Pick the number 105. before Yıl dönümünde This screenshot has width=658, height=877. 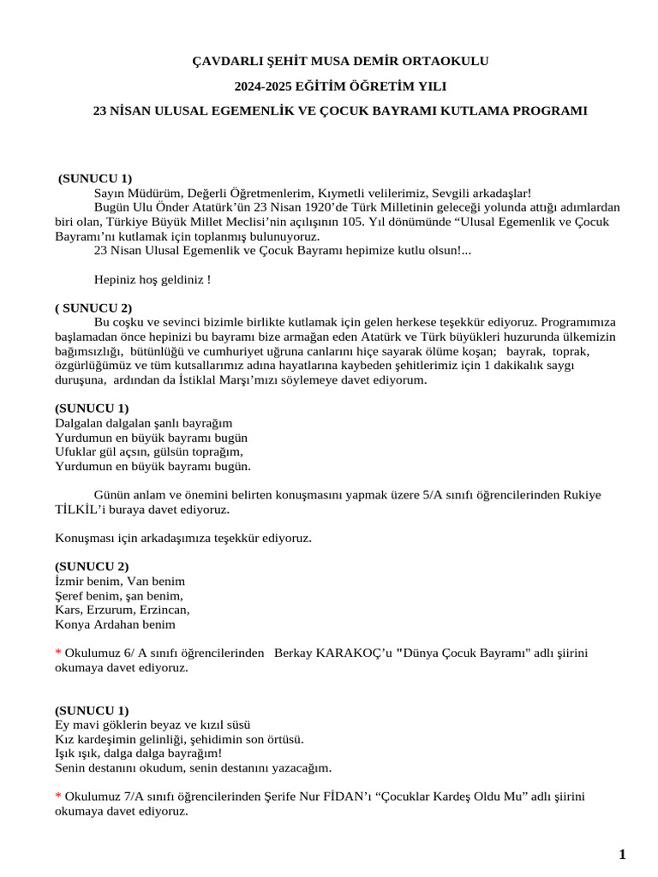pyautogui.click(x=349, y=222)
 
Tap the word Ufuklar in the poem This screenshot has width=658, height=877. pyautogui.click(x=76, y=452)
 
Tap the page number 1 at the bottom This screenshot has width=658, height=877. pyautogui.click(x=622, y=854)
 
